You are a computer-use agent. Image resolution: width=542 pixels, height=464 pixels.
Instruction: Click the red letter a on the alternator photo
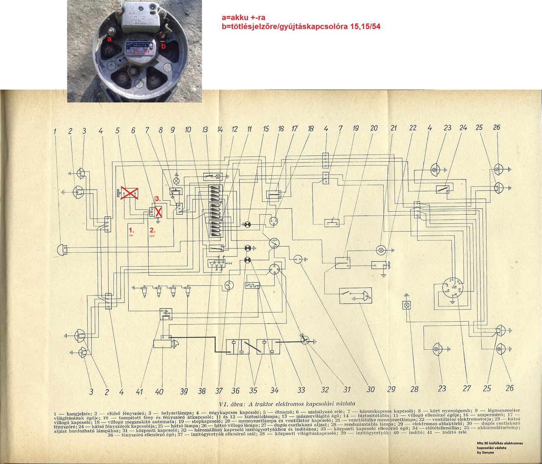109,39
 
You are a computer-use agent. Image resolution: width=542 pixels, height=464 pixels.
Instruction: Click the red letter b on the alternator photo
163,46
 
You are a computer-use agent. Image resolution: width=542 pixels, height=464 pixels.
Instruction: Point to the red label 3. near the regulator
158,199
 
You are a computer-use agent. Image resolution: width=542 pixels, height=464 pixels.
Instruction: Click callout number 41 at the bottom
140,392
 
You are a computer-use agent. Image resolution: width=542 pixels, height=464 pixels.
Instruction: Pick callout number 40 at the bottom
159,392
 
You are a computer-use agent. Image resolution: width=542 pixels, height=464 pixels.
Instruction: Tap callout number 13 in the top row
205,130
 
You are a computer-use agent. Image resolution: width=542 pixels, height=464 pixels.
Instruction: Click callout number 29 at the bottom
391,389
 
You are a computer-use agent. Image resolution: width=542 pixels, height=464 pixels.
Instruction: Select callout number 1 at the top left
55,131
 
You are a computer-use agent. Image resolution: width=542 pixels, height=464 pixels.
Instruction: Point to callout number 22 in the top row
413,127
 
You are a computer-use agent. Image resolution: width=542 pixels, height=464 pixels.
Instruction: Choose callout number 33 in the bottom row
301,390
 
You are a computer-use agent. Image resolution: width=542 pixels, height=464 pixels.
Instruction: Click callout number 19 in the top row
356,128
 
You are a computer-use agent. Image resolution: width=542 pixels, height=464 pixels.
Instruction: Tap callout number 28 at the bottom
414,389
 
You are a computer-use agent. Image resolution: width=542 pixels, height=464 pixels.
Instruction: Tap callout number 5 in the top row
118,130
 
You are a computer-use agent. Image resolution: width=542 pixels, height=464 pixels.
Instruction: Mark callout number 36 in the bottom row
235,391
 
